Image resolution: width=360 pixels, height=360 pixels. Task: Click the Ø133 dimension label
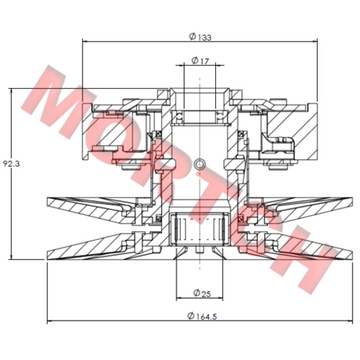[200, 37]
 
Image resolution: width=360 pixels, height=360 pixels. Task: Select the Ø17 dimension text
[200, 61]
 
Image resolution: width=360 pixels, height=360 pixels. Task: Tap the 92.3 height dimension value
[11, 163]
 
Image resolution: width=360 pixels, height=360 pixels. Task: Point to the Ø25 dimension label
[202, 293]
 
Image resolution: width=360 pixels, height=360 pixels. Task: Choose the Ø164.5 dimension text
[202, 316]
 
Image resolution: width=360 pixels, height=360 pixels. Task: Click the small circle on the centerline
[199, 164]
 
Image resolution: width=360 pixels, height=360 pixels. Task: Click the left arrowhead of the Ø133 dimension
[85, 41]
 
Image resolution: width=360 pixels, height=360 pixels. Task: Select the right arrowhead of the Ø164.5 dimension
[350, 321]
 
